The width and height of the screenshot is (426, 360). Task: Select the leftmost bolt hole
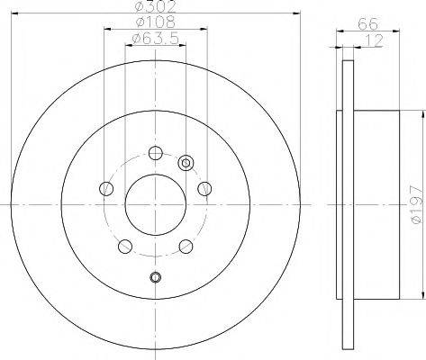tap(106, 188)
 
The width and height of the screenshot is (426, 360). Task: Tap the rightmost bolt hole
tap(204, 188)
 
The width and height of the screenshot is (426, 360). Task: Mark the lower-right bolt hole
tap(185, 245)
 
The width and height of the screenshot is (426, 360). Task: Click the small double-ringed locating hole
tap(186, 163)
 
